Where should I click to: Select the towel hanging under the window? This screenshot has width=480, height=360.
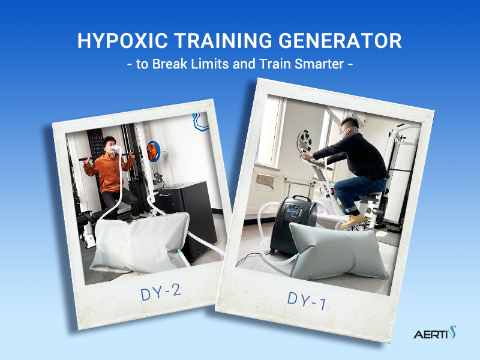pos(263,179)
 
